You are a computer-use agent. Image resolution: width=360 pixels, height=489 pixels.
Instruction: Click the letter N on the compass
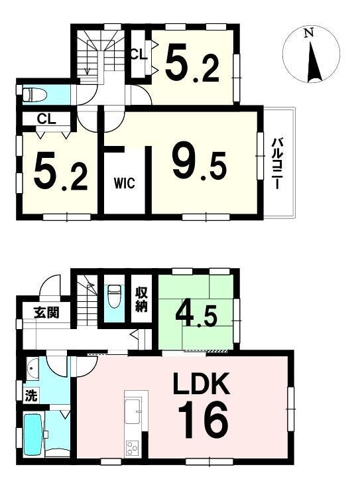(x=308, y=33)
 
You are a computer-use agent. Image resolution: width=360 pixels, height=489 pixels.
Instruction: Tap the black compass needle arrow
(x=314, y=62)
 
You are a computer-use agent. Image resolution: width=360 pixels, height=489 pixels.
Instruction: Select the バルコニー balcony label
(x=276, y=164)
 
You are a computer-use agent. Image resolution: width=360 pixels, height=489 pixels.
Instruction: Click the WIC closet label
(x=125, y=182)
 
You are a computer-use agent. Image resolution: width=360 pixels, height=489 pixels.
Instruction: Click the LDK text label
(x=202, y=383)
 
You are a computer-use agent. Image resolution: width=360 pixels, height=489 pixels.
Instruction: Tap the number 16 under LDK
(x=204, y=420)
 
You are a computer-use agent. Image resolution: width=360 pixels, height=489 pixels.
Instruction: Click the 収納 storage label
(x=141, y=299)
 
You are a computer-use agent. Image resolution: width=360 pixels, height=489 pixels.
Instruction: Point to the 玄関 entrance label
(x=46, y=312)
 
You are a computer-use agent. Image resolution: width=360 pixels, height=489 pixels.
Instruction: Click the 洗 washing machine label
(x=31, y=395)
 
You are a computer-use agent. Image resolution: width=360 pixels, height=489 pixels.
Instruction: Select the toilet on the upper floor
(x=35, y=94)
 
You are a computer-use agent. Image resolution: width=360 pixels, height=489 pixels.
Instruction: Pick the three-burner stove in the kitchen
(x=132, y=447)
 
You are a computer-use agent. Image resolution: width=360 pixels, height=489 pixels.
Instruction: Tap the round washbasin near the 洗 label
(x=32, y=369)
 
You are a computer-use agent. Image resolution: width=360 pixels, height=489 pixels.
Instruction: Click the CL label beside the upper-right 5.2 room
(x=138, y=54)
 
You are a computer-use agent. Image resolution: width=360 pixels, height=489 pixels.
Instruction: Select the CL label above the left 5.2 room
(x=46, y=119)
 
